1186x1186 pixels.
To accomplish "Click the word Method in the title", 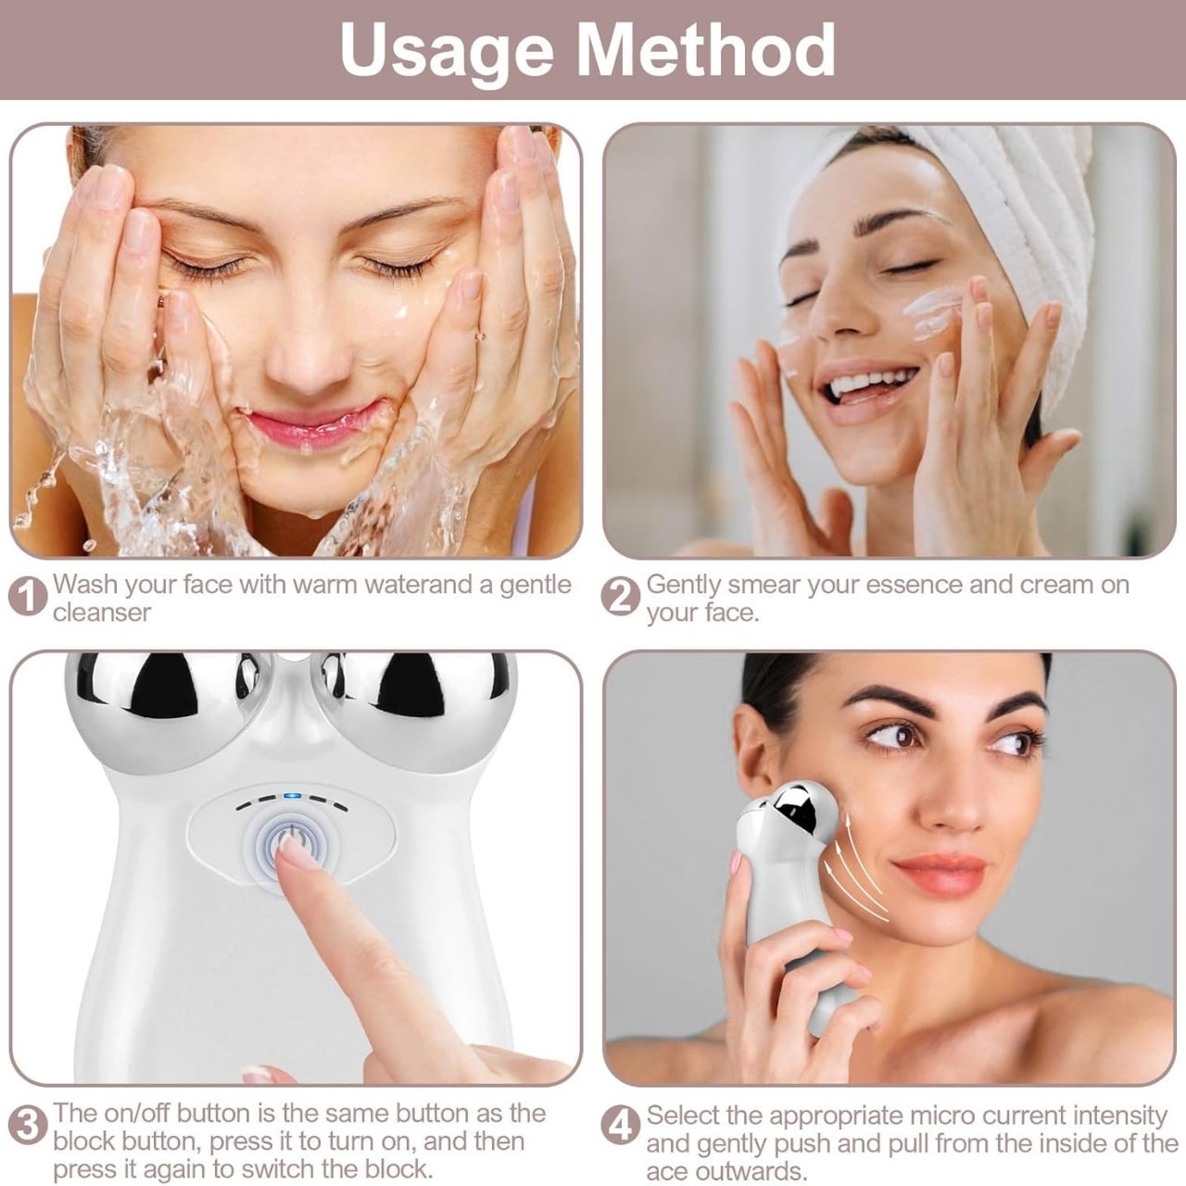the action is click(705, 49).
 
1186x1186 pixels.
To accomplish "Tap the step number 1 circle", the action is click(27, 596).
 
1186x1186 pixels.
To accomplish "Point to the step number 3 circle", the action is click(27, 1126).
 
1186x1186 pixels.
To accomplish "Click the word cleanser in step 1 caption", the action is click(102, 612).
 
